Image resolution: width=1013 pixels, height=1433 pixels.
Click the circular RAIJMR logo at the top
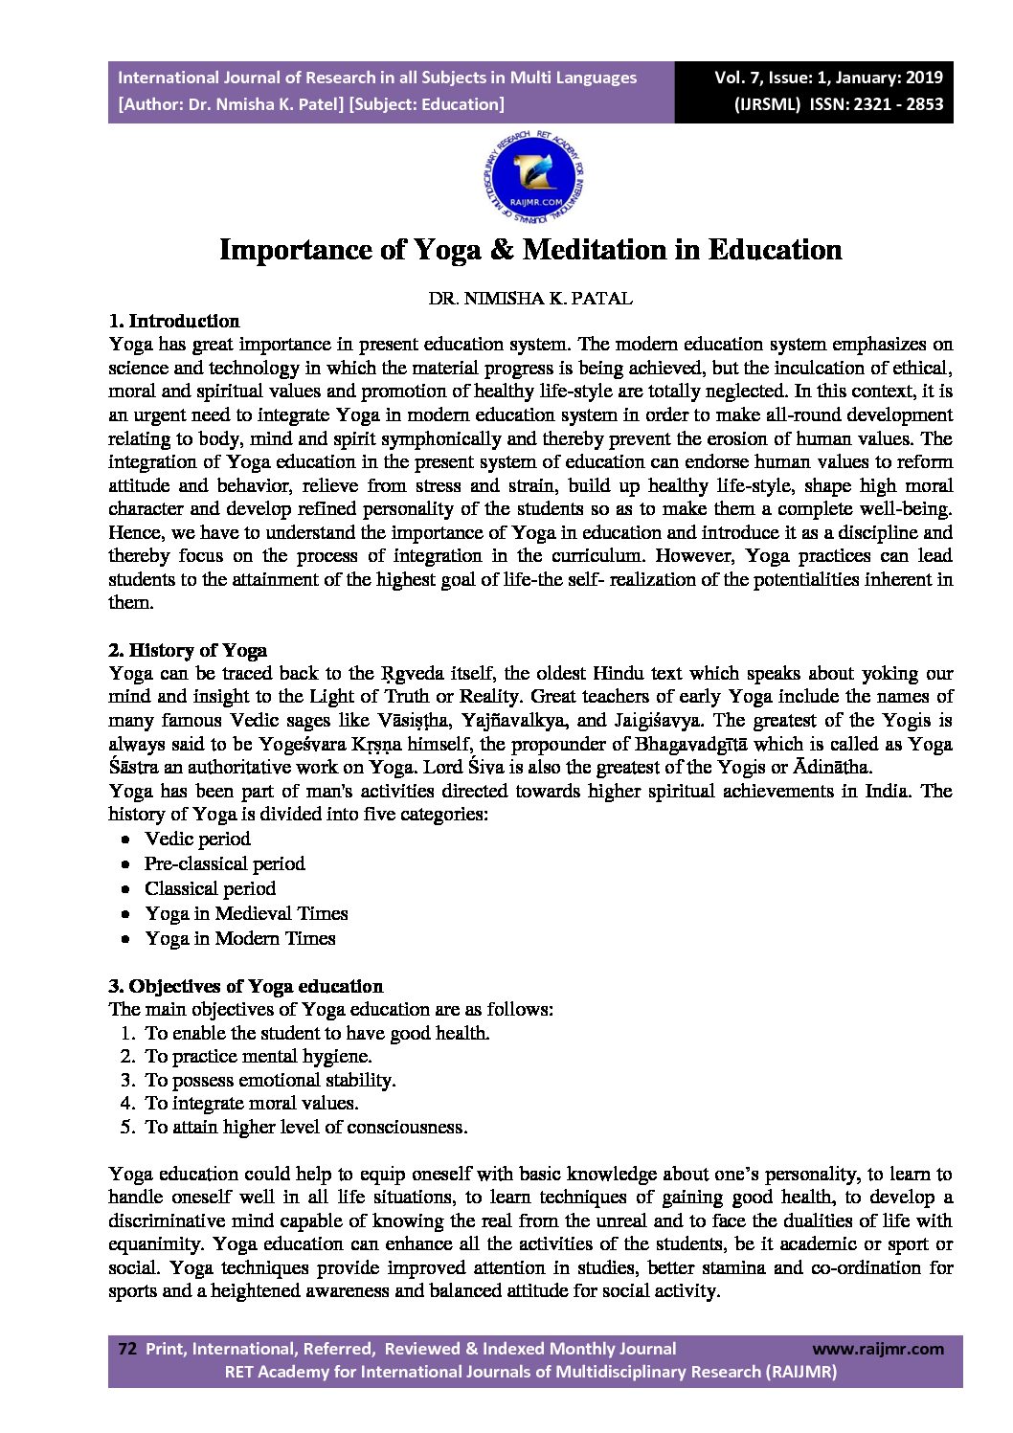click(x=534, y=180)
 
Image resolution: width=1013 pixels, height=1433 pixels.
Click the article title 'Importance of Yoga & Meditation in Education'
click(x=530, y=250)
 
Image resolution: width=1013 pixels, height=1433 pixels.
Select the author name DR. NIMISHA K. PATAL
click(x=530, y=299)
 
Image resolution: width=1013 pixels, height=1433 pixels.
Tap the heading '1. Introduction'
click(x=174, y=321)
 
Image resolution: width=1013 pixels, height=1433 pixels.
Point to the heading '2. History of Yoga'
click(x=188, y=651)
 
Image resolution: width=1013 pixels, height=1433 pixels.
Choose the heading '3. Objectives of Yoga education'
click(x=246, y=986)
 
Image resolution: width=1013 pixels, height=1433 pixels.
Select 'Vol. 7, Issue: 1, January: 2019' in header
click(x=828, y=78)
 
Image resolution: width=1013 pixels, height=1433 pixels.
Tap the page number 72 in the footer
click(x=126, y=1349)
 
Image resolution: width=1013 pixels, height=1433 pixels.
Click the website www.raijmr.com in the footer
click(x=878, y=1349)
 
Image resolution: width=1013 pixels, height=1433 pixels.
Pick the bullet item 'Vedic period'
click(x=197, y=840)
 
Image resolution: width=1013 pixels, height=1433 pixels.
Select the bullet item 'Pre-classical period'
click(x=225, y=864)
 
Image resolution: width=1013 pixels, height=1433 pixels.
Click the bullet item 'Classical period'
click(x=211, y=889)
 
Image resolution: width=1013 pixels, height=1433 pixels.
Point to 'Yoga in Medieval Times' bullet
click(x=246, y=914)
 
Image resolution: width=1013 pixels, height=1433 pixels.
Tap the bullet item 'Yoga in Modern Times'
click(x=240, y=939)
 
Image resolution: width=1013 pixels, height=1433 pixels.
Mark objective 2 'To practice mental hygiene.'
click(x=259, y=1057)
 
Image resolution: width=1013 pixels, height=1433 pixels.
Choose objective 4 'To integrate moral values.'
click(x=252, y=1104)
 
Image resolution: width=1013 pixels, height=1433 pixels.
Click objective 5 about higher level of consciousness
click(x=306, y=1128)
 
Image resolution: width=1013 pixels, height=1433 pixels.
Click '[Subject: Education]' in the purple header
click(x=427, y=104)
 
